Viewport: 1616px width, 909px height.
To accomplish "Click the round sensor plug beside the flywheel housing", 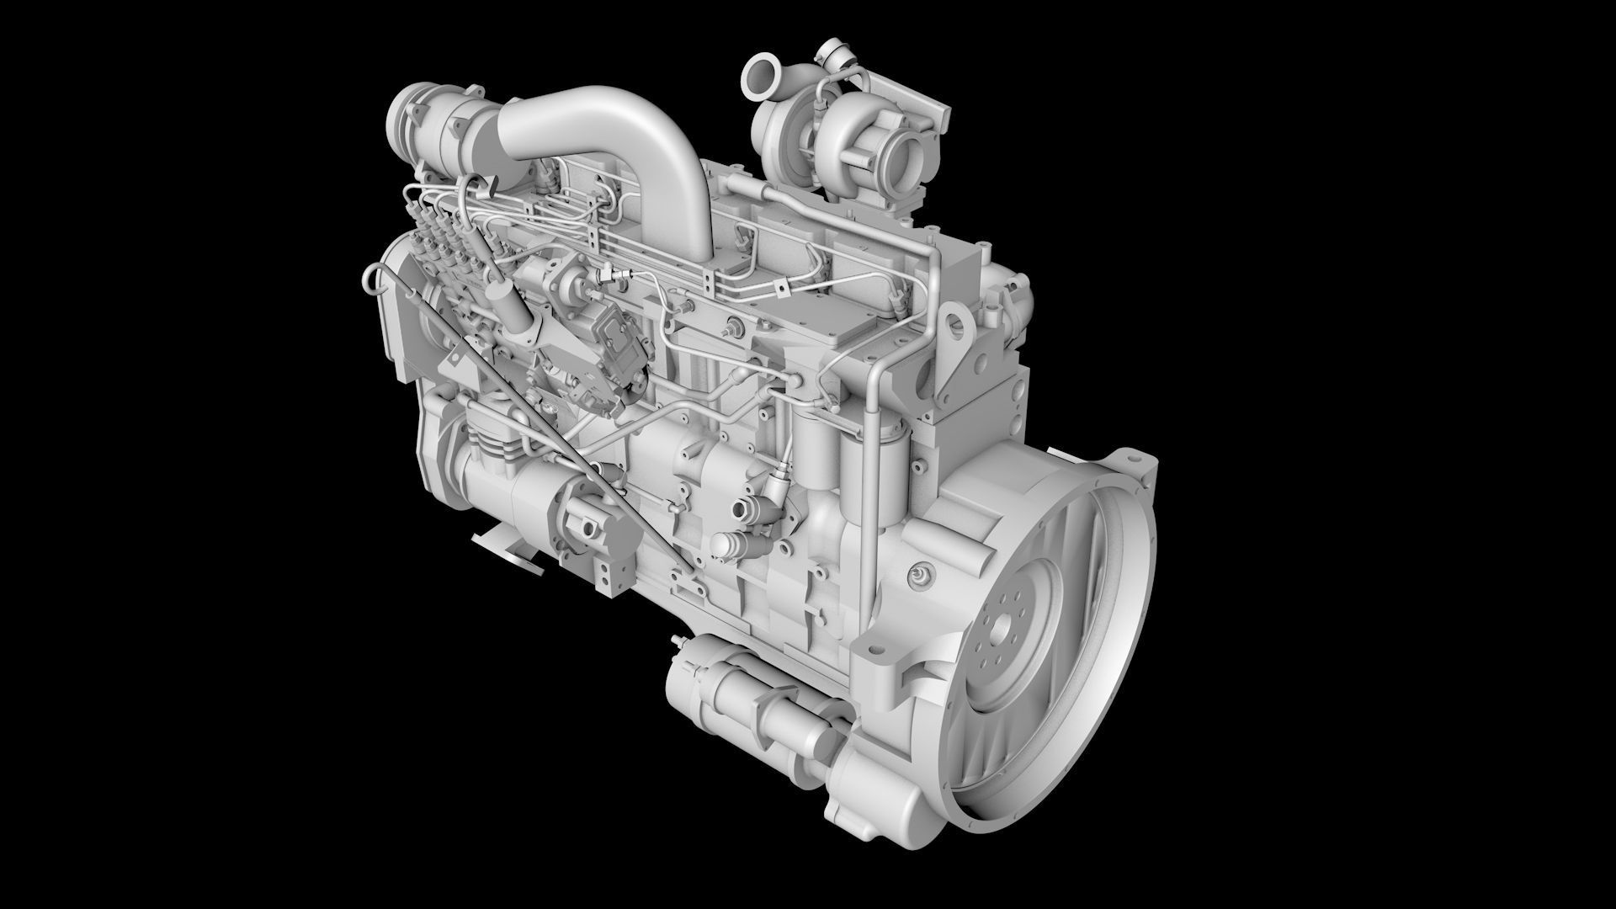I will pos(921,576).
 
